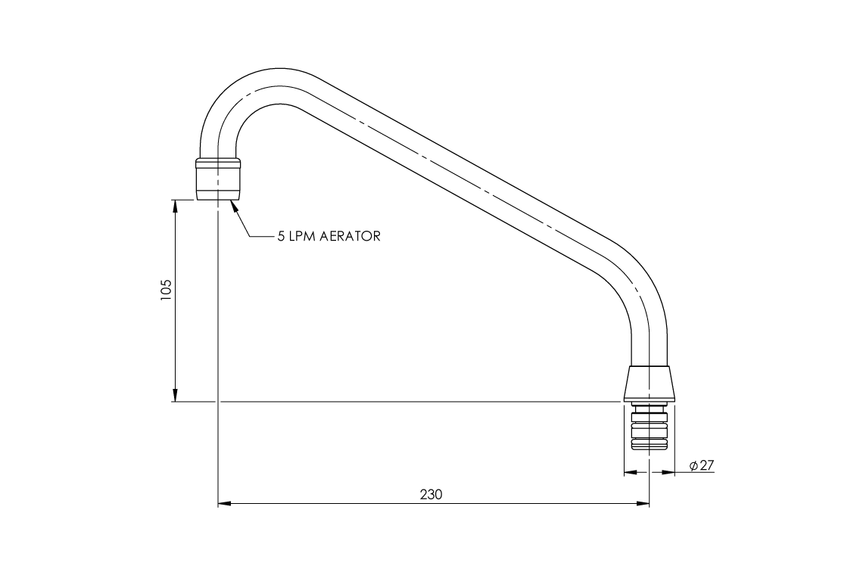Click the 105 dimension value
pos(167,291)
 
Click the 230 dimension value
pos(431,494)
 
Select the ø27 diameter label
pos(702,466)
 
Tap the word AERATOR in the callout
pos(350,236)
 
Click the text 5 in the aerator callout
pos(281,236)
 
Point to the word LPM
pos(303,236)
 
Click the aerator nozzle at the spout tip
pos(219,182)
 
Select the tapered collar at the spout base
pos(650,383)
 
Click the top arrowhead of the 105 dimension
pos(176,205)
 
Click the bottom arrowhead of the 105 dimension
pos(176,396)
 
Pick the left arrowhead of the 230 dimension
pos(224,502)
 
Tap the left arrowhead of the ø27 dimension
pos(629,473)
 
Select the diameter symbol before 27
pos(693,466)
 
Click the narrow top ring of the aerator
pos(219,161)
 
